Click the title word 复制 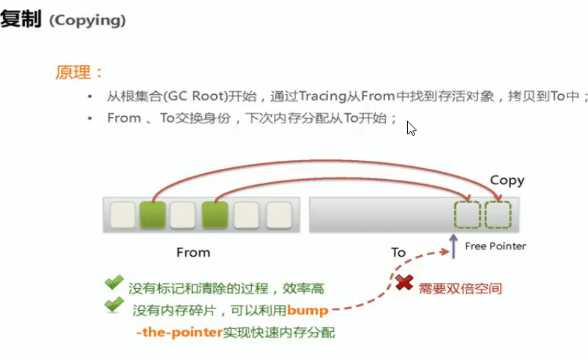coord(20,19)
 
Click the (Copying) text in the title coord(88,20)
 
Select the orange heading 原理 coord(73,72)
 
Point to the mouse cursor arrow coord(411,128)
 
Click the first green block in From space coord(153,214)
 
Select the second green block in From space coord(215,214)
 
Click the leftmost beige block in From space coord(123,214)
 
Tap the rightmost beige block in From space coord(279,214)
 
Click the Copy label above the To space coord(507,181)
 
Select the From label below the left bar coord(193,253)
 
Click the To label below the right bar coord(398,253)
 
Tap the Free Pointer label coord(495,246)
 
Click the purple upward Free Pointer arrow coord(453,246)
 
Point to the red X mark coord(404,282)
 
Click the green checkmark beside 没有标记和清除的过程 coord(114,282)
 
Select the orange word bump coord(308,311)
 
